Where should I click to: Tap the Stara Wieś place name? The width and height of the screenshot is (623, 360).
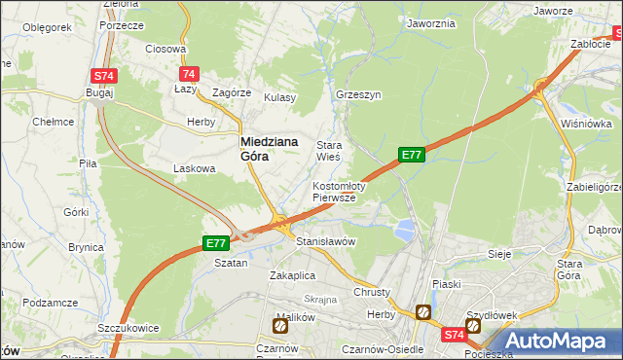click(x=328, y=151)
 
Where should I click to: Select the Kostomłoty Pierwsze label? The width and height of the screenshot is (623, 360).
click(x=338, y=191)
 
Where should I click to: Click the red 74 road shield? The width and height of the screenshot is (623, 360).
click(x=189, y=74)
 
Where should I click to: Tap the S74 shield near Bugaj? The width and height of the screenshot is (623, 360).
click(x=105, y=75)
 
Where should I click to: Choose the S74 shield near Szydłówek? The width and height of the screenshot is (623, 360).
click(x=454, y=335)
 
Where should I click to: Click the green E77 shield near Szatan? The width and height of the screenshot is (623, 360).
click(x=216, y=243)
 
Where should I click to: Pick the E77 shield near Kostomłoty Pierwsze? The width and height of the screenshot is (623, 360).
click(x=412, y=154)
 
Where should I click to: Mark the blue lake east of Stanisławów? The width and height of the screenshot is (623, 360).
click(x=404, y=230)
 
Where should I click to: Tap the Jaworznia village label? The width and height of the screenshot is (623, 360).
click(x=431, y=22)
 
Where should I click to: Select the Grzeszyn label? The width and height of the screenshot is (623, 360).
click(x=357, y=95)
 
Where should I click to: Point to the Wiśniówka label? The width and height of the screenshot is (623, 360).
click(x=586, y=124)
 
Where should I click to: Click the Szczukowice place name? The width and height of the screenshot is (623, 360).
click(x=128, y=328)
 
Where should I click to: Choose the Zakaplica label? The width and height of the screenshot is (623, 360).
click(x=294, y=274)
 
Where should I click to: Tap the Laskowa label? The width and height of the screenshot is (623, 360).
click(x=193, y=167)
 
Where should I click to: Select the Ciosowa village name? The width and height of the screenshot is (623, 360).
click(x=165, y=48)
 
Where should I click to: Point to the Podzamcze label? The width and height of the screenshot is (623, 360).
click(x=50, y=303)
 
